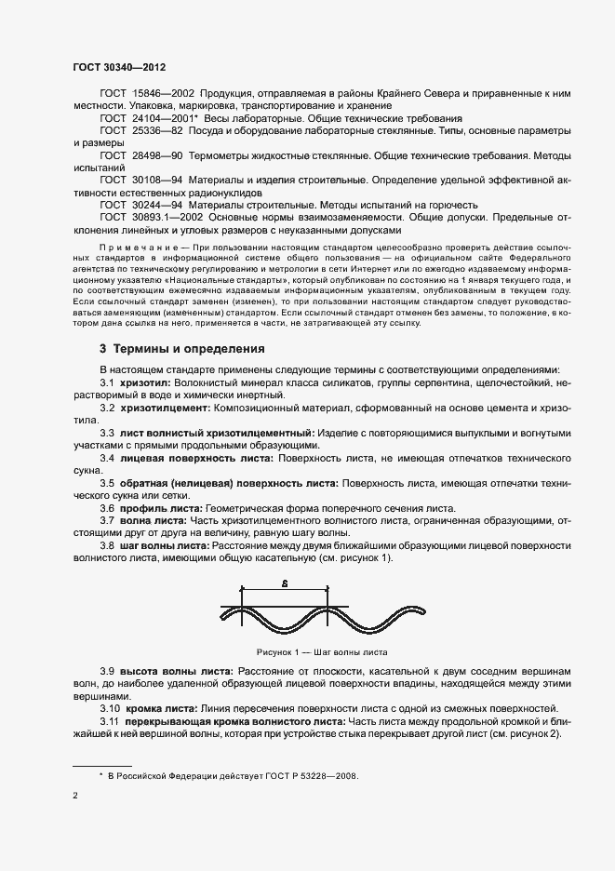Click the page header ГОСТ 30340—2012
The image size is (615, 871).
point(119,68)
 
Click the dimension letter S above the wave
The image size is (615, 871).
point(285,583)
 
